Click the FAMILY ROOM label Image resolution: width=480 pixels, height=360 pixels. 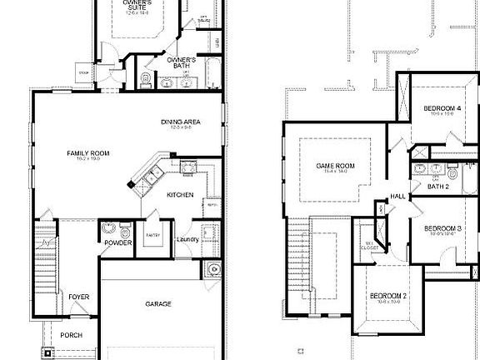pyautogui.click(x=84, y=154)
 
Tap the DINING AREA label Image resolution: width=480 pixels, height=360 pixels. pyautogui.click(x=181, y=122)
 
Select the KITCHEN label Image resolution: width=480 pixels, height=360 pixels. pyautogui.click(x=180, y=195)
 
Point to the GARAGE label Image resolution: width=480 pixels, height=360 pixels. pyautogui.click(x=158, y=304)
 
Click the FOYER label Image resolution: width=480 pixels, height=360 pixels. pyautogui.click(x=78, y=297)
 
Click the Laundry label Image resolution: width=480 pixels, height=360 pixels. pyautogui.click(x=187, y=241)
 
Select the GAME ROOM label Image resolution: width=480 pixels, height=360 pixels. pyautogui.click(x=335, y=166)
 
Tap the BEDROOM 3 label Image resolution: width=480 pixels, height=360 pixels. pyautogui.click(x=442, y=228)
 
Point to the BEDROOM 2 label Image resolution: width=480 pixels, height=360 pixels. pyautogui.click(x=388, y=297)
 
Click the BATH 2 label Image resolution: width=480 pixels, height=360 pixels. pyautogui.click(x=437, y=187)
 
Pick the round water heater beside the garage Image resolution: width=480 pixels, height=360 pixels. pyautogui.click(x=214, y=268)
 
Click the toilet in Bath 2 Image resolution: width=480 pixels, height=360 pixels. pyautogui.click(x=452, y=174)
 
